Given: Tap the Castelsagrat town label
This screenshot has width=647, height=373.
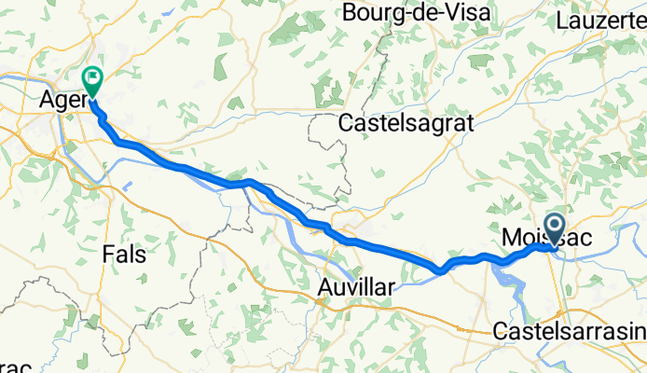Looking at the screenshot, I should point(407,122).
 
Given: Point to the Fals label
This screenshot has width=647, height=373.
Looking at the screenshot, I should point(124,254).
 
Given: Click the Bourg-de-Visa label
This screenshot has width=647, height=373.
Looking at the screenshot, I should point(407,13).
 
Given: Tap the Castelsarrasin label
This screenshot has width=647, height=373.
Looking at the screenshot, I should point(569,331).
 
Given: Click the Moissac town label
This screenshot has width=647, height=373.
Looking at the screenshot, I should point(551,239).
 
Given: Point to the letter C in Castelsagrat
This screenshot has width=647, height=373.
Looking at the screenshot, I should point(346,122).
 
